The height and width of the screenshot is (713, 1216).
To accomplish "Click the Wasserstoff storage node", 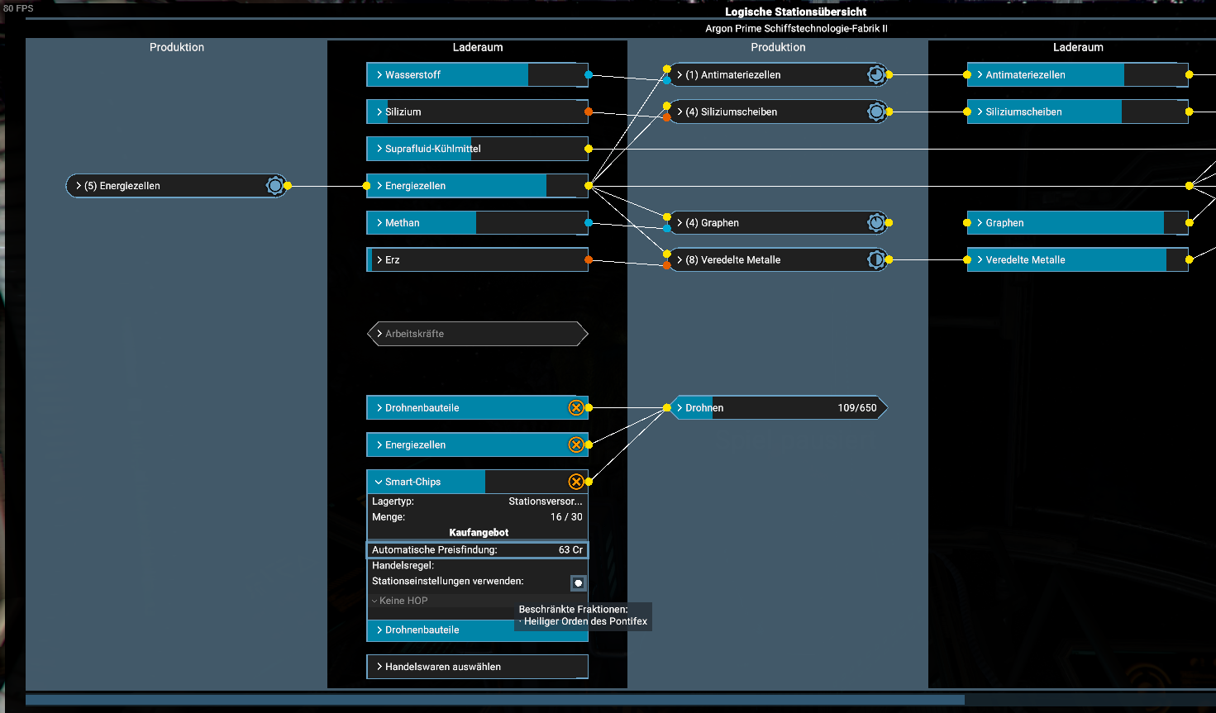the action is tap(477, 75).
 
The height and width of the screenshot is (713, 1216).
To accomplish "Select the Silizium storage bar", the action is tap(477, 112).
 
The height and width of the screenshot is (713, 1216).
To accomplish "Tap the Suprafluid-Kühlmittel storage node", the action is tap(477, 149).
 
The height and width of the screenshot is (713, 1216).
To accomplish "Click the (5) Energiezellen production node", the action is tap(176, 186).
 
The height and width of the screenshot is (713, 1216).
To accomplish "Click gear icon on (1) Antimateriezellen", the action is tap(875, 75).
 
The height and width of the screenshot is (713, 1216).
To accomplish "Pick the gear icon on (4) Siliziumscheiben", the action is tap(875, 112).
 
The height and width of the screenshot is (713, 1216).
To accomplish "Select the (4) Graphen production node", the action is tap(778, 223).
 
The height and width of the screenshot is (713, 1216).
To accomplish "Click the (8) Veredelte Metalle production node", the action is tap(778, 260).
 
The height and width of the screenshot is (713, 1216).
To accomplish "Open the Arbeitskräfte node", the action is tap(477, 334).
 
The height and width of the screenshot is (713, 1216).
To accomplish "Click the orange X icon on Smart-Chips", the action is tap(576, 482).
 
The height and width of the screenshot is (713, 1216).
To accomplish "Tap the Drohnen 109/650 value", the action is tap(856, 408).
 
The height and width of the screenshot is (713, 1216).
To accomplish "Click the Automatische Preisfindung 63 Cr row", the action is tap(477, 549).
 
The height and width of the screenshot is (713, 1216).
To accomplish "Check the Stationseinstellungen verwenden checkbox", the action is tap(578, 582).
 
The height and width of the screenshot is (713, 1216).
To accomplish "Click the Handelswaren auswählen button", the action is tap(477, 667).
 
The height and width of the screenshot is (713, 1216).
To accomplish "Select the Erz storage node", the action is tap(477, 260).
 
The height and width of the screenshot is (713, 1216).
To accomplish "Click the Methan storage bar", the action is tap(477, 223).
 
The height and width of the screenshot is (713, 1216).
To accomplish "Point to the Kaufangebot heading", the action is tap(479, 533).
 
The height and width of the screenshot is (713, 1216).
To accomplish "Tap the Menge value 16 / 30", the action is tap(566, 517).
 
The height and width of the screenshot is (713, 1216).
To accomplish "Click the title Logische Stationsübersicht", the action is tap(795, 12).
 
